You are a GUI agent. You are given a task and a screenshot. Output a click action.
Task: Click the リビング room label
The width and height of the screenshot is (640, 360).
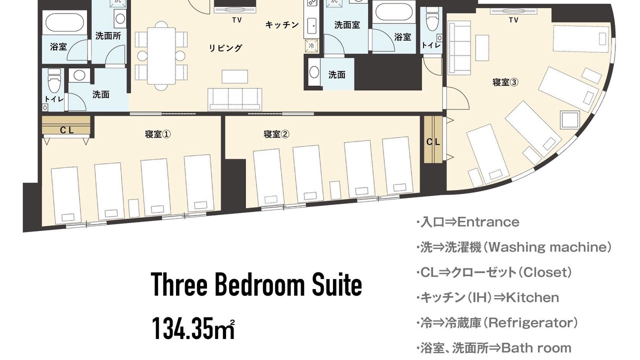point(225,47)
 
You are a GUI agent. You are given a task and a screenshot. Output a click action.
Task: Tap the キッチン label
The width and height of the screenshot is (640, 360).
point(282,25)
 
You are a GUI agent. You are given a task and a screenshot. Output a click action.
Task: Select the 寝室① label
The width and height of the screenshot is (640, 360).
point(158,134)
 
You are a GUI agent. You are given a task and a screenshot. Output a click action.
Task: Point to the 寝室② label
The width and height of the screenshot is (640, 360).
point(276,134)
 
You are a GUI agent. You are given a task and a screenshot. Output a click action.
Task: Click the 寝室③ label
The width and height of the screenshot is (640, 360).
point(505,82)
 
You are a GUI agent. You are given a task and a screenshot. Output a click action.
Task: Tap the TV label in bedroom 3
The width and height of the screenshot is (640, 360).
point(513,20)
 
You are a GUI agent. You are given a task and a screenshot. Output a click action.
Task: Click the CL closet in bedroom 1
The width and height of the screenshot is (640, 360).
point(66,125)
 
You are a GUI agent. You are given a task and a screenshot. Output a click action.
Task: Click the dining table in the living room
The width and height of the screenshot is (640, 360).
point(161,55)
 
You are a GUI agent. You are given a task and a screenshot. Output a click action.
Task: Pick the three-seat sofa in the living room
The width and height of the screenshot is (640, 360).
point(235,99)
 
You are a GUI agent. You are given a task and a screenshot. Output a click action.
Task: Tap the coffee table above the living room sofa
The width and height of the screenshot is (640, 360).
point(235,76)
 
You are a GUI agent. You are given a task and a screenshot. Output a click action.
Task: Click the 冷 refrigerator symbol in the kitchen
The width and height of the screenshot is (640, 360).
point(311,45)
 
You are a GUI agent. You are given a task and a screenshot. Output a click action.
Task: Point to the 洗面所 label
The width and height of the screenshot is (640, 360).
point(108,36)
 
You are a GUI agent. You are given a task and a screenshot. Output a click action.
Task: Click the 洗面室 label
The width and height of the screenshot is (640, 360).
point(347,25)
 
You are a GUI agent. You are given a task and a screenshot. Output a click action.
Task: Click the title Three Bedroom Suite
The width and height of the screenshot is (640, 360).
point(256,284)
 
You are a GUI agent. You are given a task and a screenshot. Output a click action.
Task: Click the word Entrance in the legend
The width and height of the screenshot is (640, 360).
point(488,222)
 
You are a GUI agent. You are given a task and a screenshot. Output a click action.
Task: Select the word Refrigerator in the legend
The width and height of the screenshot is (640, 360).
point(528,323)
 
